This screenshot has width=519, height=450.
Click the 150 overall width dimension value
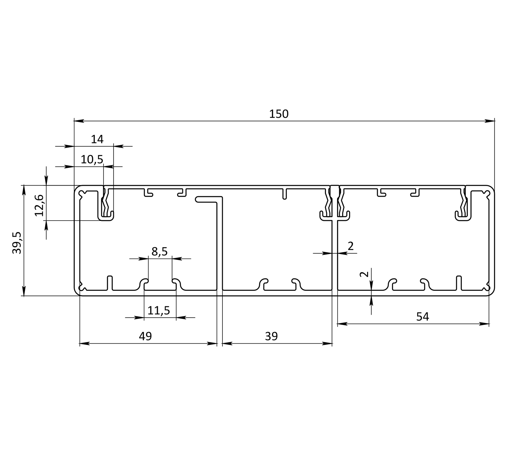(x=279, y=114)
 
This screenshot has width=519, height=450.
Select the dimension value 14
(x=97, y=139)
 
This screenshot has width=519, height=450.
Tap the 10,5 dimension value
(x=92, y=159)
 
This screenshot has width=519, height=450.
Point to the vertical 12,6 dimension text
(x=40, y=205)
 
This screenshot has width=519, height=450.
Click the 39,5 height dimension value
(x=17, y=243)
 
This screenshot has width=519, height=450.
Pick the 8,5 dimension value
(x=160, y=251)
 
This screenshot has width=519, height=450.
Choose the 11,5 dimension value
(x=159, y=310)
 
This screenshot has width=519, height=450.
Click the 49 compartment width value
(x=145, y=336)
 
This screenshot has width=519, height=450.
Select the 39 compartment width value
(x=272, y=336)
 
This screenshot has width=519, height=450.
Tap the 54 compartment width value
(x=422, y=316)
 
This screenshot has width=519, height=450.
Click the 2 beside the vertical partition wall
(x=350, y=246)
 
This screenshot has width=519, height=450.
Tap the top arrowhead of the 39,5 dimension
(x=24, y=189)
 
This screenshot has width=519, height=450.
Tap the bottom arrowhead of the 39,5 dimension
(x=24, y=291)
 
